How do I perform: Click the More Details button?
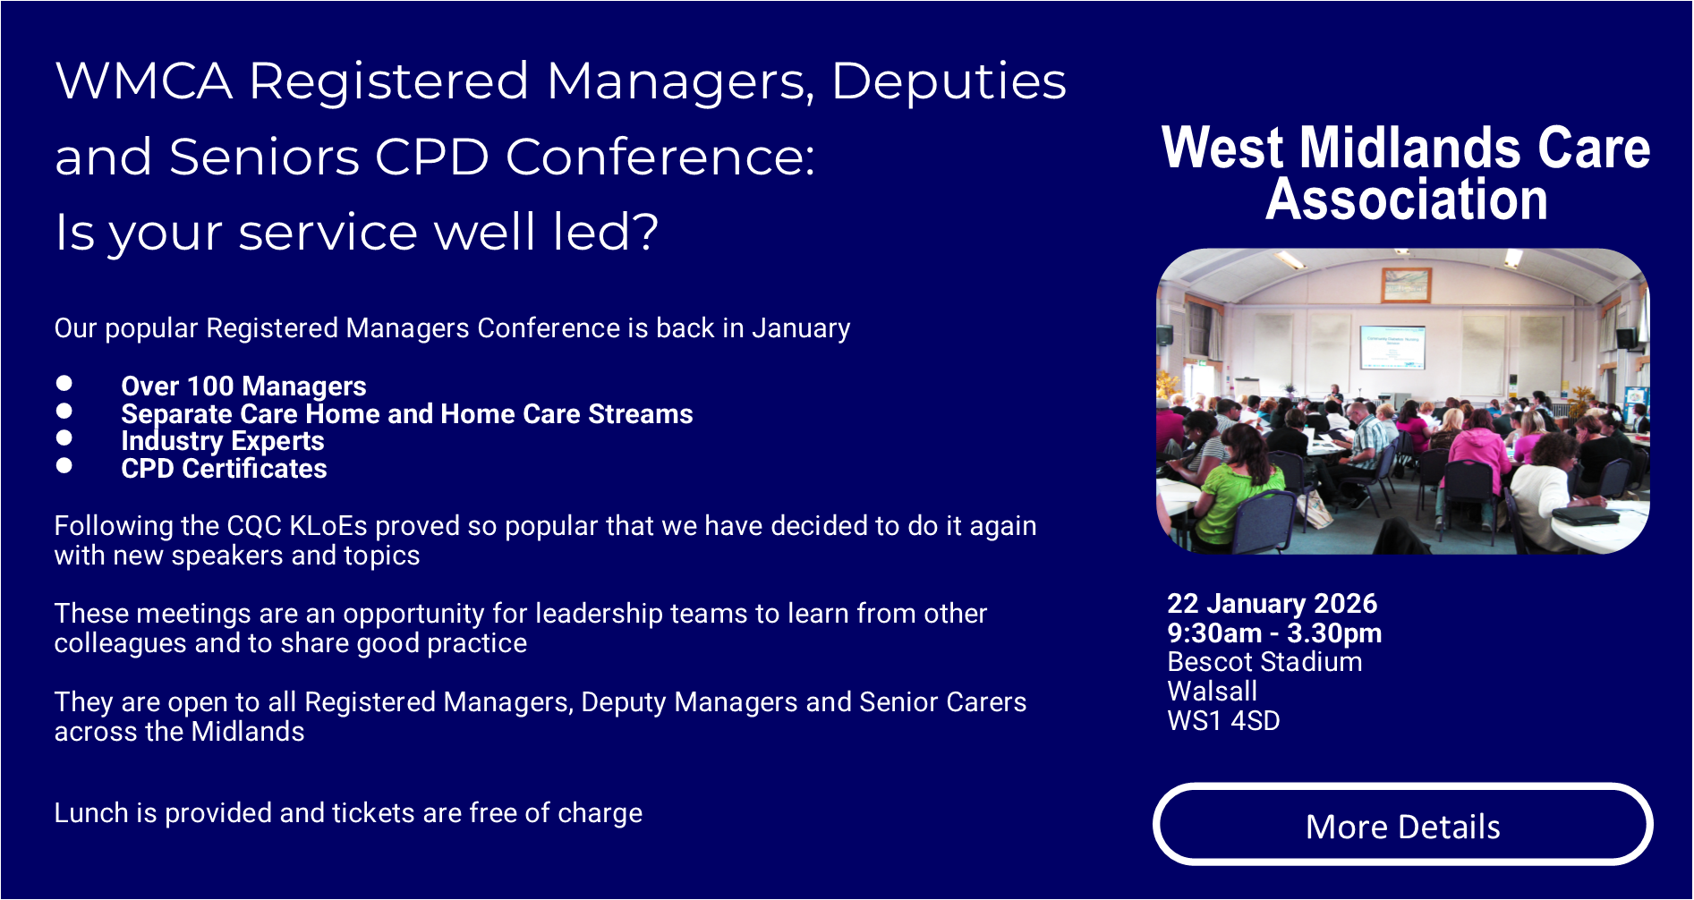point(1402,824)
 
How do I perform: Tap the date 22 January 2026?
point(1272,604)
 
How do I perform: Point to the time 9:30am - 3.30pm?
point(1274,633)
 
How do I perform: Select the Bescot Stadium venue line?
point(1264,662)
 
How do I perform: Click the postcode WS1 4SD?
point(1223,721)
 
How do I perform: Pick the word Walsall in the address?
point(1212,692)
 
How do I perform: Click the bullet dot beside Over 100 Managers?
point(64,384)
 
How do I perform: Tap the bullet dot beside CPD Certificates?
point(64,465)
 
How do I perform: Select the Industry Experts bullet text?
point(223,441)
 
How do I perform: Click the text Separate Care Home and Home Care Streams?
point(407,414)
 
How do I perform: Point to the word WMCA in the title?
point(144,81)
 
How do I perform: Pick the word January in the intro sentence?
point(801,329)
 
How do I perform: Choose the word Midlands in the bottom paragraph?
point(248,732)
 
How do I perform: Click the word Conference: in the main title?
point(660,157)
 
